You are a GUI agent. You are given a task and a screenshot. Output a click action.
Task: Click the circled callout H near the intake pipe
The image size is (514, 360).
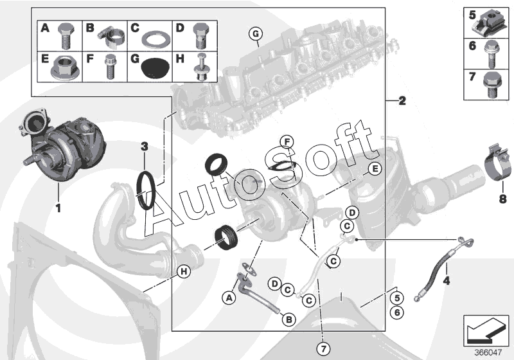[184, 272]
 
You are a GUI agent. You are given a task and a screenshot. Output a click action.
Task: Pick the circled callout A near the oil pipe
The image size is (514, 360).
[227, 297]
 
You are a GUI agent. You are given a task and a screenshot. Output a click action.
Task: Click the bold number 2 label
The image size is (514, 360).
[402, 101]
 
